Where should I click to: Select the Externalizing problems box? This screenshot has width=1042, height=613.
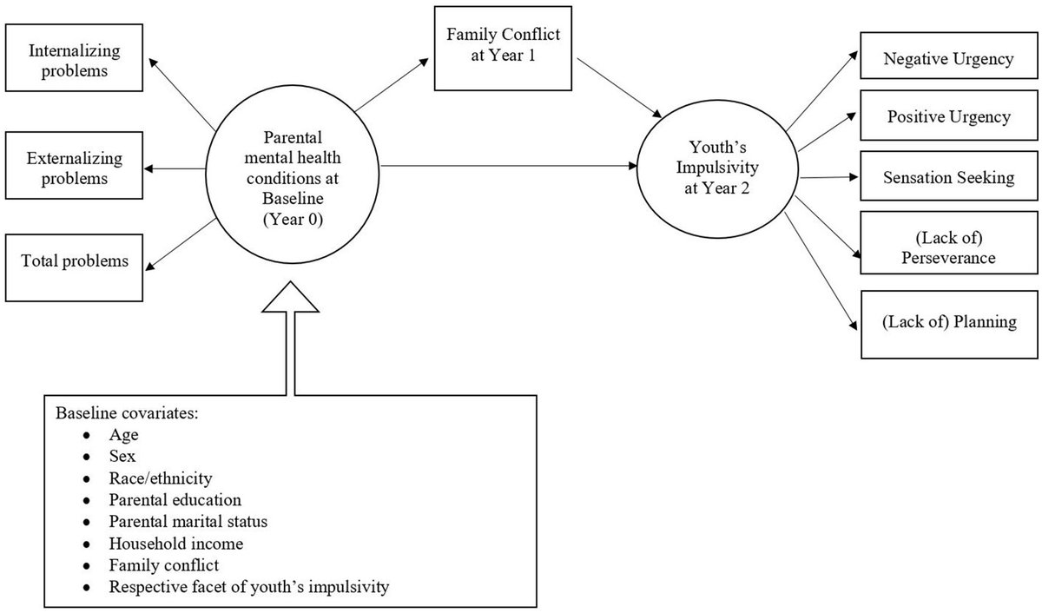[74, 168]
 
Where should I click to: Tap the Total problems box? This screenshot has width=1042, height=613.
[74, 260]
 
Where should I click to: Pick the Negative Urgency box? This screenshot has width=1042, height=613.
[947, 60]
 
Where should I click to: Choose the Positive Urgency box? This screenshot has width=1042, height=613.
[947, 116]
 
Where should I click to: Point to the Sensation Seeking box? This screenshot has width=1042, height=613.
[947, 177]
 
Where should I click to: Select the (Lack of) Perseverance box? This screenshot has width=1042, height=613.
[947, 247]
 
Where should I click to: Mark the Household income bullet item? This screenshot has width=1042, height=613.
[175, 544]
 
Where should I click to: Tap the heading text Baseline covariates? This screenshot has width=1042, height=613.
[129, 412]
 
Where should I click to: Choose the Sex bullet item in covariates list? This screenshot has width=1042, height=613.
[122, 456]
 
